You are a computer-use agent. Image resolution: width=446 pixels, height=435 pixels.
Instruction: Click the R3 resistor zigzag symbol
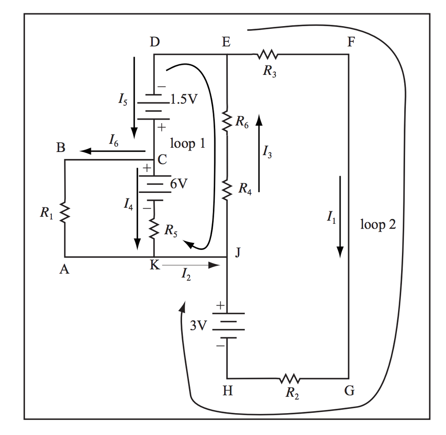(x=267, y=55)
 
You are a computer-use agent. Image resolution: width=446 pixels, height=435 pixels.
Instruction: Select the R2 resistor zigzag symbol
(x=290, y=378)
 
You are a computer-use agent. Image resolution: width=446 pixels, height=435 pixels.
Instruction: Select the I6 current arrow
(x=112, y=151)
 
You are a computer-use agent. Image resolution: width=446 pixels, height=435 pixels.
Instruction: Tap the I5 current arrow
(x=134, y=96)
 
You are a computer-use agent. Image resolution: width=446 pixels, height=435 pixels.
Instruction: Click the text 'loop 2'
(x=378, y=225)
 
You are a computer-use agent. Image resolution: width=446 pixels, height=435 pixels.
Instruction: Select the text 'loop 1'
(x=187, y=143)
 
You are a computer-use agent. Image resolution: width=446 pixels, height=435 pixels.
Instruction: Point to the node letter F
(x=351, y=42)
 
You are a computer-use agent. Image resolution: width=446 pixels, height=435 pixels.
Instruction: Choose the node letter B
(x=61, y=148)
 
